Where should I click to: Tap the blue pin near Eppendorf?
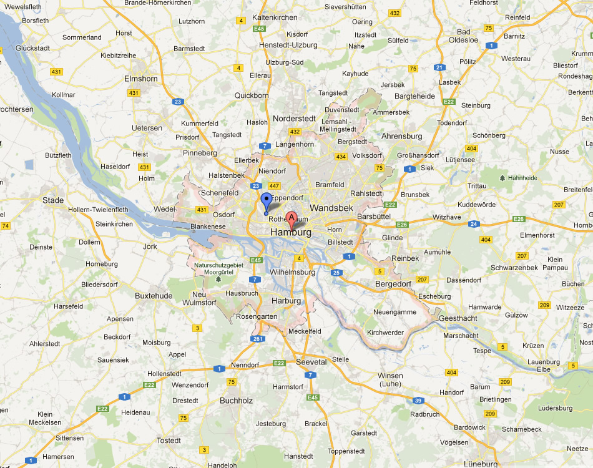(267, 202)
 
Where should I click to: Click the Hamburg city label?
(291, 232)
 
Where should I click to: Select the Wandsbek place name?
(331, 208)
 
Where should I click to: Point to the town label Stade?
(53, 200)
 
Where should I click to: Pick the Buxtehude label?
(154, 295)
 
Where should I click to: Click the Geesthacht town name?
(459, 318)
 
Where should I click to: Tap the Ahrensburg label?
(402, 136)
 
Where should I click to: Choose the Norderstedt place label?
(295, 119)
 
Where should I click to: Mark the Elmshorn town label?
(141, 79)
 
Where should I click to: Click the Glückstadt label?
(32, 47)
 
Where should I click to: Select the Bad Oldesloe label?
(468, 36)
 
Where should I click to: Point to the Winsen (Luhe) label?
(390, 379)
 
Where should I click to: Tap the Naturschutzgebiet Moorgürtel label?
(218, 268)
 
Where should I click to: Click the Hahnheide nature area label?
(522, 178)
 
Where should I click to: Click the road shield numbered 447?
(274, 186)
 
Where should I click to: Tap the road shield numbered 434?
(341, 156)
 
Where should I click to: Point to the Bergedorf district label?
(393, 284)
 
